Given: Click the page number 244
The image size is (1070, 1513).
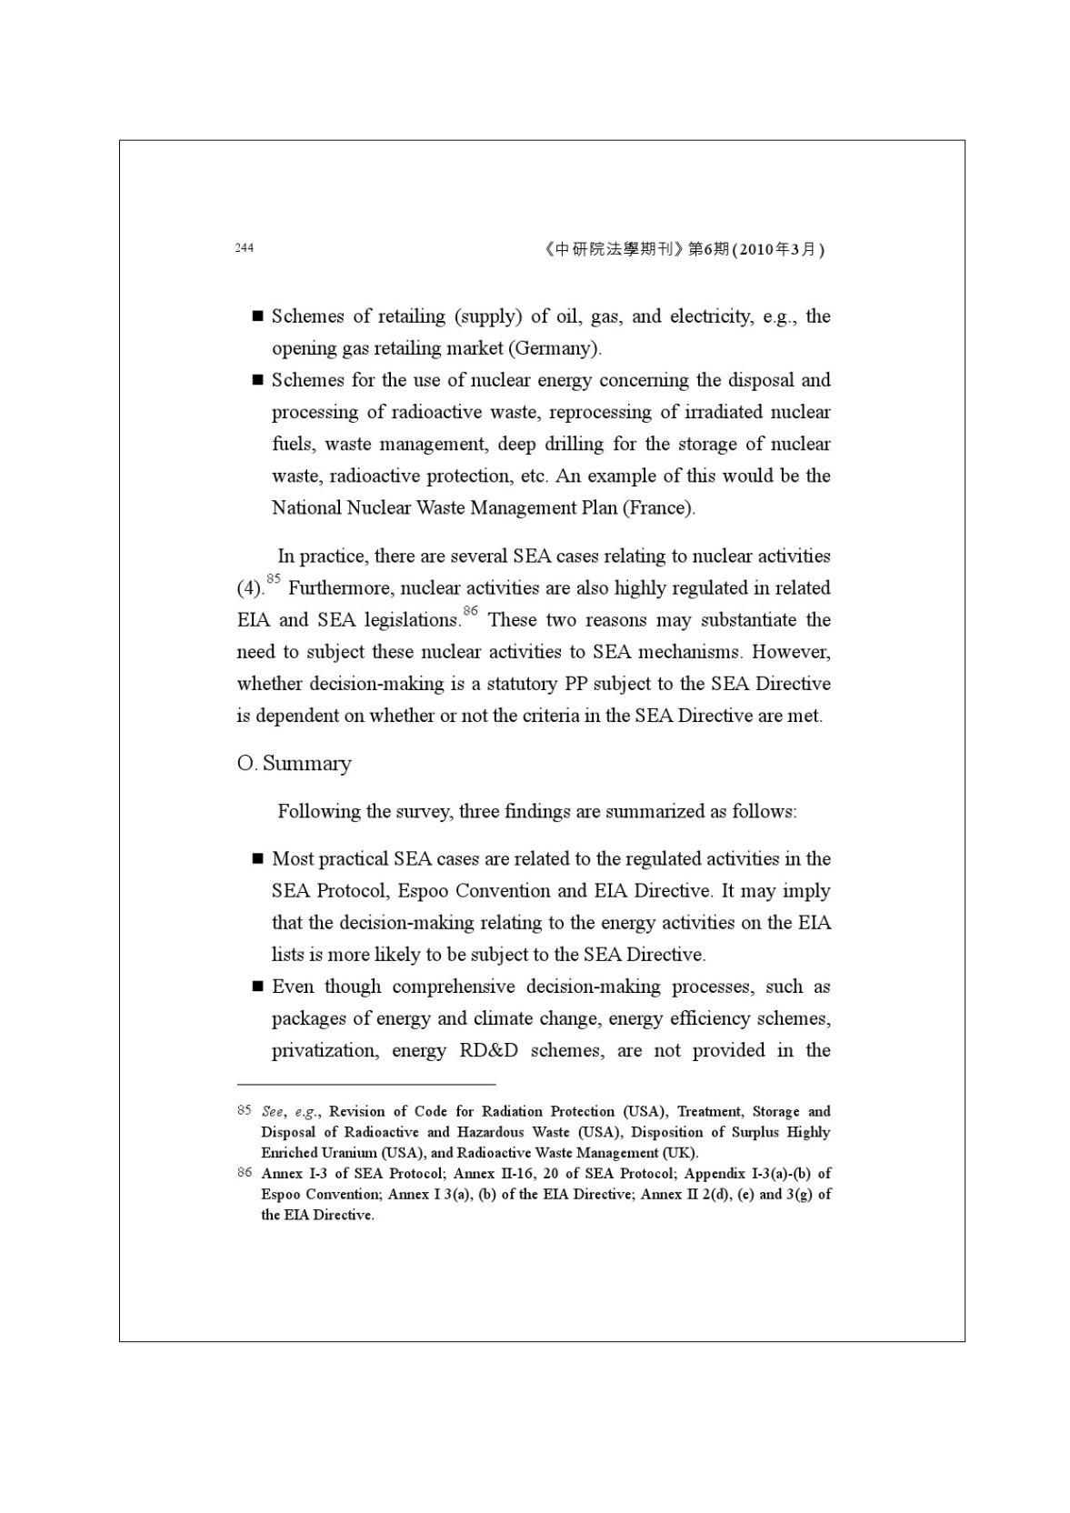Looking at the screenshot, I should pos(244,247).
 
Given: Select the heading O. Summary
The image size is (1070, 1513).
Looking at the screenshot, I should pos(294,763).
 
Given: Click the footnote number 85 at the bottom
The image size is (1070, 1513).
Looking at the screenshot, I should pos(244,1110).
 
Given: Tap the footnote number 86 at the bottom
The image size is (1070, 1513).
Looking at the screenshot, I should pos(244,1173).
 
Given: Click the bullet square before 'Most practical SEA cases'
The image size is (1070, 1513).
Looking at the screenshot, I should pos(257,859).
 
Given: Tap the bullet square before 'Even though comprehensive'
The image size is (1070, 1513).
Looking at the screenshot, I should pos(257,987).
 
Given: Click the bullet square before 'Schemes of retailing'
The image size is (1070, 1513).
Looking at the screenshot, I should pos(257,316).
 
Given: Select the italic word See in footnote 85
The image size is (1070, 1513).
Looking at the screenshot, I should pos(272,1111).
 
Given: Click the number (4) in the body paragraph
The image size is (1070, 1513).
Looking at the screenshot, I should pos(249,588).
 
